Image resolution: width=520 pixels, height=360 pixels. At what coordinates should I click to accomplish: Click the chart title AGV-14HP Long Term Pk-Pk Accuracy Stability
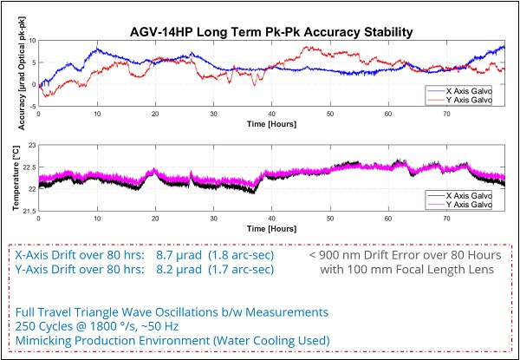(270, 32)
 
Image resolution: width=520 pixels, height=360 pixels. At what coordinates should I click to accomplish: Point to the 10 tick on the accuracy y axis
(31, 41)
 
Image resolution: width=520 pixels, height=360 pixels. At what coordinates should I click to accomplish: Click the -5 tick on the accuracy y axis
(31, 106)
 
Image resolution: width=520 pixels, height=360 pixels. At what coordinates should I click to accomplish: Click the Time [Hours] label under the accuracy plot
(270, 124)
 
